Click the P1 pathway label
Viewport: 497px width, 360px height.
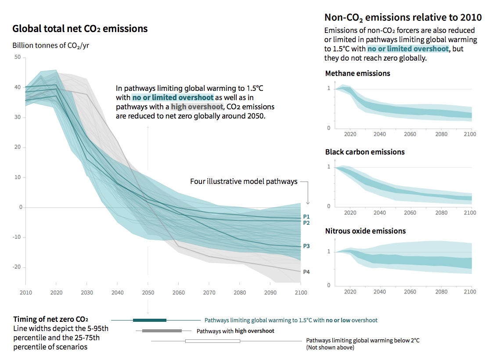tap(306, 217)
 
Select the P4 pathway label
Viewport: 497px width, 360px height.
tap(306, 272)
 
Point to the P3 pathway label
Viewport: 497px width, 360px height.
tap(306, 246)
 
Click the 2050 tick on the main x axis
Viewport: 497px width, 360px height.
tap(148, 292)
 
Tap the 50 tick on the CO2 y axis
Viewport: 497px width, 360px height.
tap(18, 57)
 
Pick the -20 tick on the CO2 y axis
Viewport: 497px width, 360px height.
tap(16, 267)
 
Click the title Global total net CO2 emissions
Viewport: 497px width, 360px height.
tap(80, 29)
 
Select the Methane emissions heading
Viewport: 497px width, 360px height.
tap(357, 73)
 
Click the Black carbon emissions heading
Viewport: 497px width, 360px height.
tap(365, 152)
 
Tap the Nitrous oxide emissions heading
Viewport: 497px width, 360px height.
tap(365, 231)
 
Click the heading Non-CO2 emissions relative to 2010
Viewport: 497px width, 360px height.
tap(403, 18)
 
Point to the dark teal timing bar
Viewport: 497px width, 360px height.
tap(150, 320)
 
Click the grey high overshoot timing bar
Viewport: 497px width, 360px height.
tap(162, 331)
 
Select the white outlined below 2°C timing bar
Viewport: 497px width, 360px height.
tap(212, 341)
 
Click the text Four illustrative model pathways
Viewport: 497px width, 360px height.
tap(244, 181)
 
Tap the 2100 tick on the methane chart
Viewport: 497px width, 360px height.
tap(470, 134)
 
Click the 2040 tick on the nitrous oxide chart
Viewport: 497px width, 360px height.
tap(380, 292)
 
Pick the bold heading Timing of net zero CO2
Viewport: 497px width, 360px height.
tap(47, 319)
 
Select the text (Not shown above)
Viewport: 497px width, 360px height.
tap(330, 347)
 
